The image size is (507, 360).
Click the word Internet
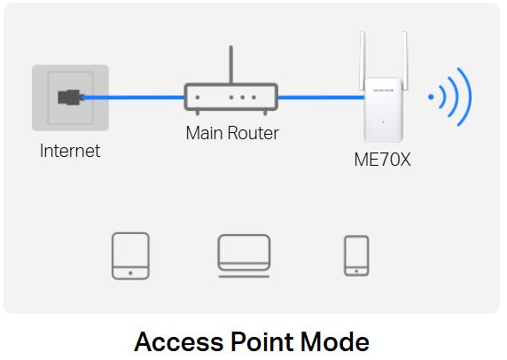coord(70,151)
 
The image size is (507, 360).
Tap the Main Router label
coord(232,133)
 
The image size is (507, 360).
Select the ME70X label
coord(382,160)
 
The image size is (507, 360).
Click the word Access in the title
coord(179,342)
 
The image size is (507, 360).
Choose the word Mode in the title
coord(335,341)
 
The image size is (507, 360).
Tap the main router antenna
coord(230,65)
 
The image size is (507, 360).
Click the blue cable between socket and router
coord(133,98)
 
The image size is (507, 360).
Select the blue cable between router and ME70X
coord(321,98)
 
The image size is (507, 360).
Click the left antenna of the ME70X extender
coord(363,59)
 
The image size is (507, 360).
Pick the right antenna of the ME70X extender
coord(404,59)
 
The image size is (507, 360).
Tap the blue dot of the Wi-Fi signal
coord(431,97)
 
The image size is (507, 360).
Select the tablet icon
coord(130,256)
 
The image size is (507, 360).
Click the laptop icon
coord(244,256)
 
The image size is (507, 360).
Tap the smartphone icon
coord(356,256)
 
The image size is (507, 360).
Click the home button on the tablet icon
coord(130,273)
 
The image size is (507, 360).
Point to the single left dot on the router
coord(198,98)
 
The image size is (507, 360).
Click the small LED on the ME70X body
coord(383,122)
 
